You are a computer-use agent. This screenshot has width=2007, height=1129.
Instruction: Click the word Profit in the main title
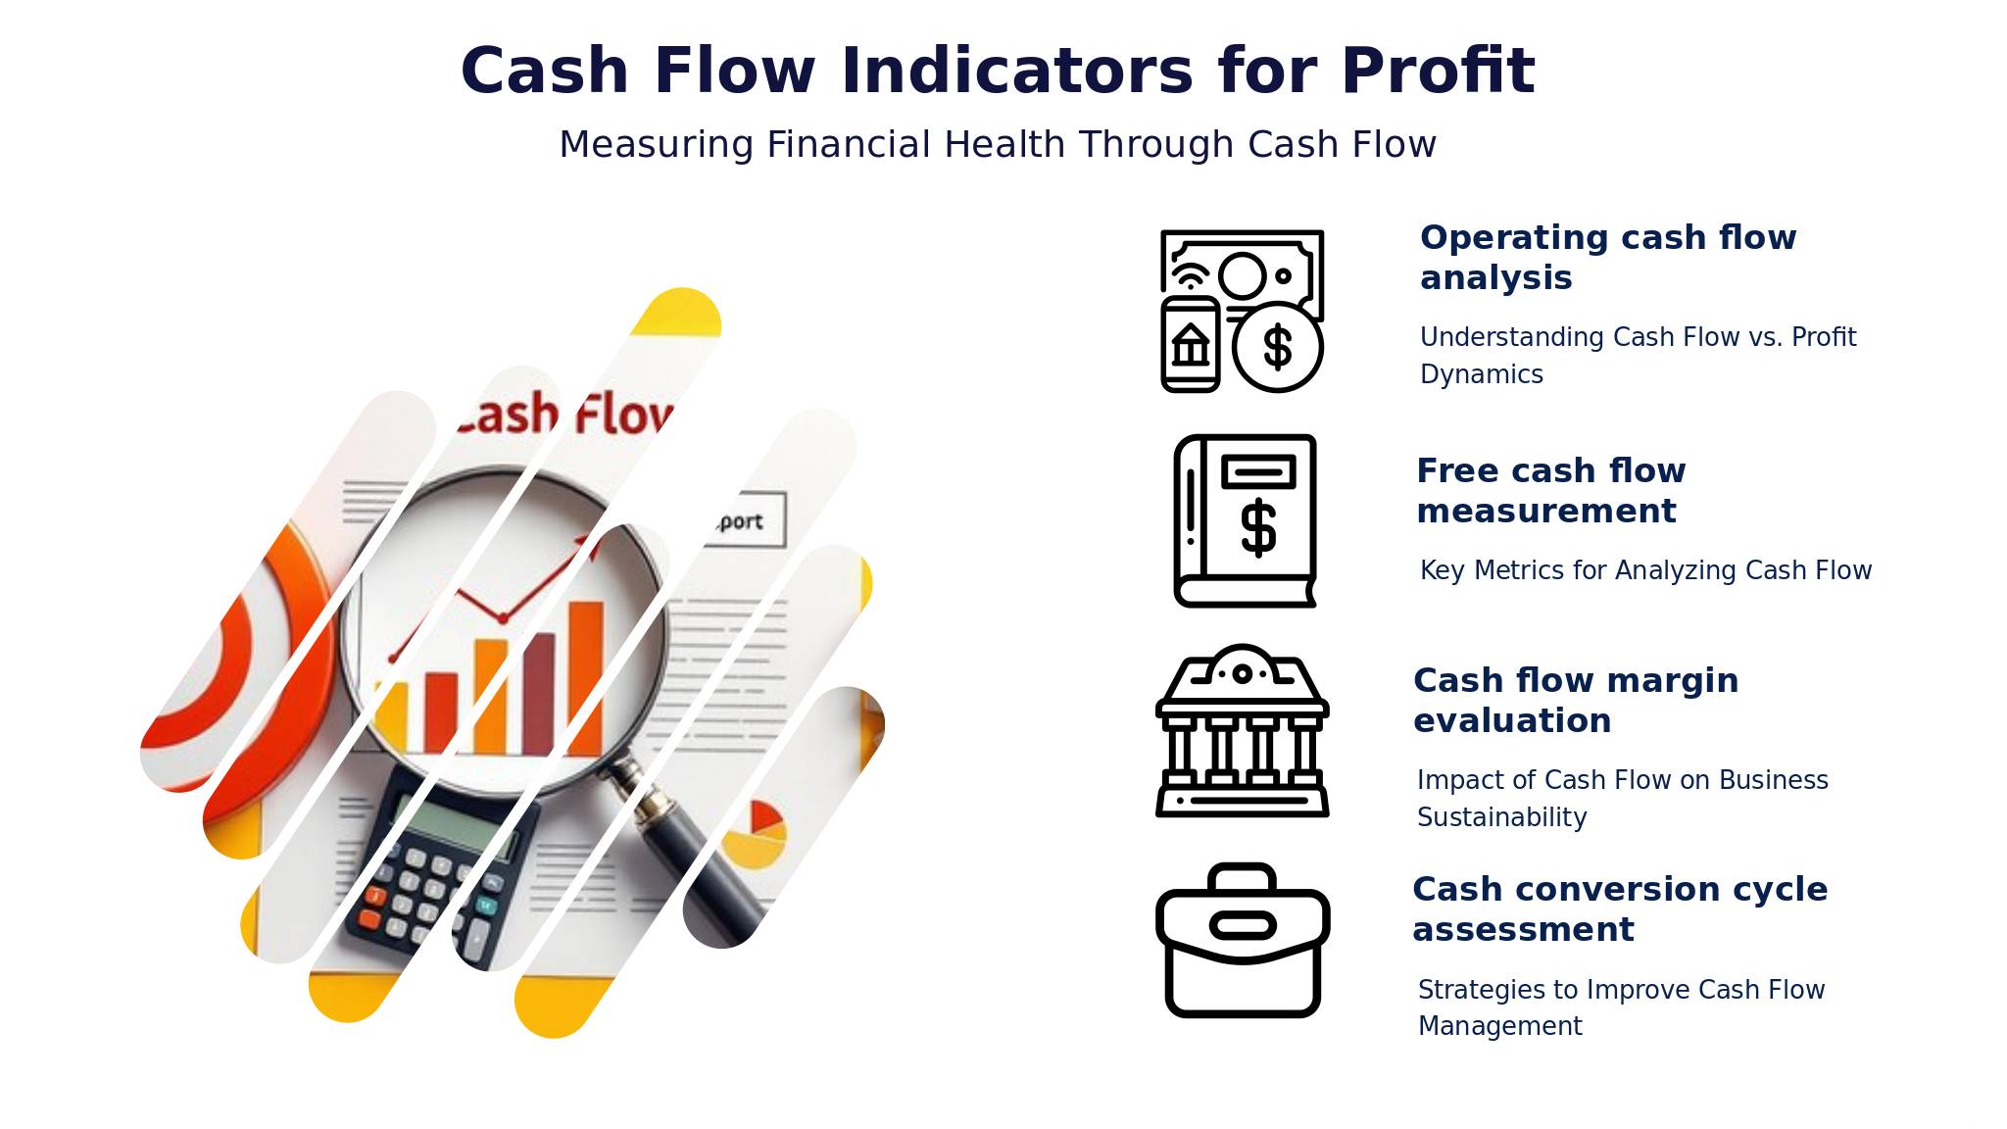[x=1438, y=71]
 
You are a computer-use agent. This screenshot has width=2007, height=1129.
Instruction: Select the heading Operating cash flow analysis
[x=1608, y=257]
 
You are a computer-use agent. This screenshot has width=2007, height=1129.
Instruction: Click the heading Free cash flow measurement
[x=1551, y=490]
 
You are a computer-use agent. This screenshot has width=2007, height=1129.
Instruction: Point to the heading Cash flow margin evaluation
[x=1576, y=700]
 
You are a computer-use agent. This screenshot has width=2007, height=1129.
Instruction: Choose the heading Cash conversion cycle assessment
[x=1620, y=908]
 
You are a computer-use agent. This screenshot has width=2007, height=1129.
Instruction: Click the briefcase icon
[x=1243, y=941]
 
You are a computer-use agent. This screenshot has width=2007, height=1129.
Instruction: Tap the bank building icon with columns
[x=1243, y=730]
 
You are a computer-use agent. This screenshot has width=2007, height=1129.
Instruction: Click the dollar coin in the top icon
[x=1278, y=347]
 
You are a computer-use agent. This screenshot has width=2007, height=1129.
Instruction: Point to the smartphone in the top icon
[x=1191, y=344]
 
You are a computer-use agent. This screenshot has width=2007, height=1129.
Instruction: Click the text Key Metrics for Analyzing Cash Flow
[x=1645, y=570]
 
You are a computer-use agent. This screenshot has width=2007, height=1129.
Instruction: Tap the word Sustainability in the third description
[x=1501, y=817]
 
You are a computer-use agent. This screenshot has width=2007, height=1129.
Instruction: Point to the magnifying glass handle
[x=686, y=843]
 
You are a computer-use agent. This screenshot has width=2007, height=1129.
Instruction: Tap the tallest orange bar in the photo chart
[x=586, y=678]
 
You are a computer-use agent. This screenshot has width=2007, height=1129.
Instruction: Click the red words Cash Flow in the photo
[x=564, y=415]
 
